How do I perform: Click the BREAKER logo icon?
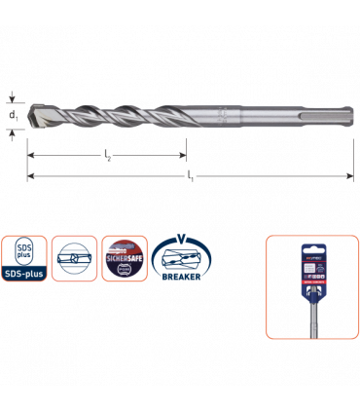tap(174, 261)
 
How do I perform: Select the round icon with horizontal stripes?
tap(73, 258)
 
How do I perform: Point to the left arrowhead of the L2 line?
tap(30, 155)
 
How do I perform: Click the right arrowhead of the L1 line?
tap(345, 176)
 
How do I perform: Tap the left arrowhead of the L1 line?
tap(30, 176)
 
